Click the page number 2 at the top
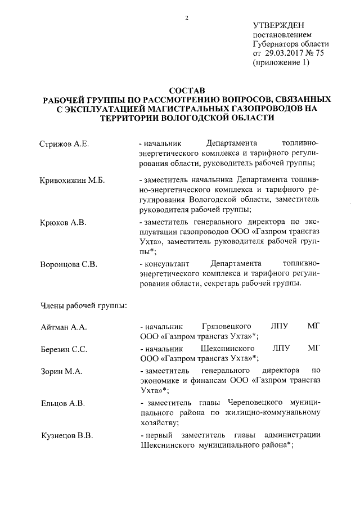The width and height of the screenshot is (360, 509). pyautogui.click(x=186, y=17)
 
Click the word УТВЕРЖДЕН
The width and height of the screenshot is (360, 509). pyautogui.click(x=278, y=25)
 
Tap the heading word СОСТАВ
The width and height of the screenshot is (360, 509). pyautogui.click(x=187, y=90)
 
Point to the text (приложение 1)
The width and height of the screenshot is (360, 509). pyautogui.click(x=281, y=63)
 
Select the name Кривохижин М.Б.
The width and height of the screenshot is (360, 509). pyautogui.click(x=73, y=181)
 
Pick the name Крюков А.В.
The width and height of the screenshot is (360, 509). pyautogui.click(x=63, y=223)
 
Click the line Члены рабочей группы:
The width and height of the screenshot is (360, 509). pyautogui.click(x=83, y=307)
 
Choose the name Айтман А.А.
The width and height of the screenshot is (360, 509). pyautogui.click(x=62, y=327)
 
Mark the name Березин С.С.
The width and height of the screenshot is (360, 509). pyautogui.click(x=64, y=350)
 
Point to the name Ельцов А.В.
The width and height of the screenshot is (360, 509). pyautogui.click(x=62, y=403)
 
